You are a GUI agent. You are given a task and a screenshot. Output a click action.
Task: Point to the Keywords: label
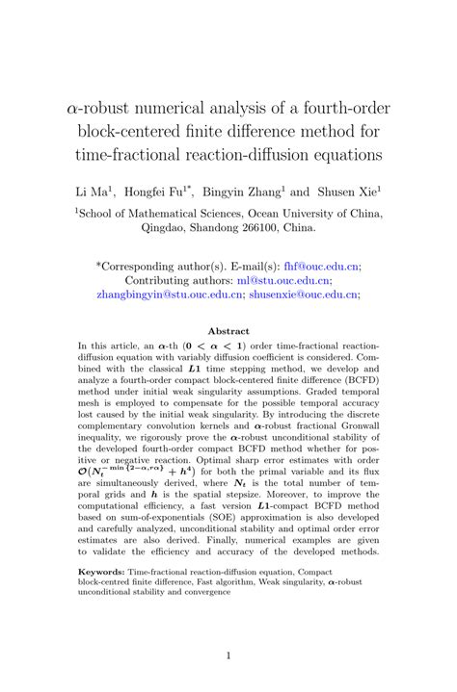(105, 570)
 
